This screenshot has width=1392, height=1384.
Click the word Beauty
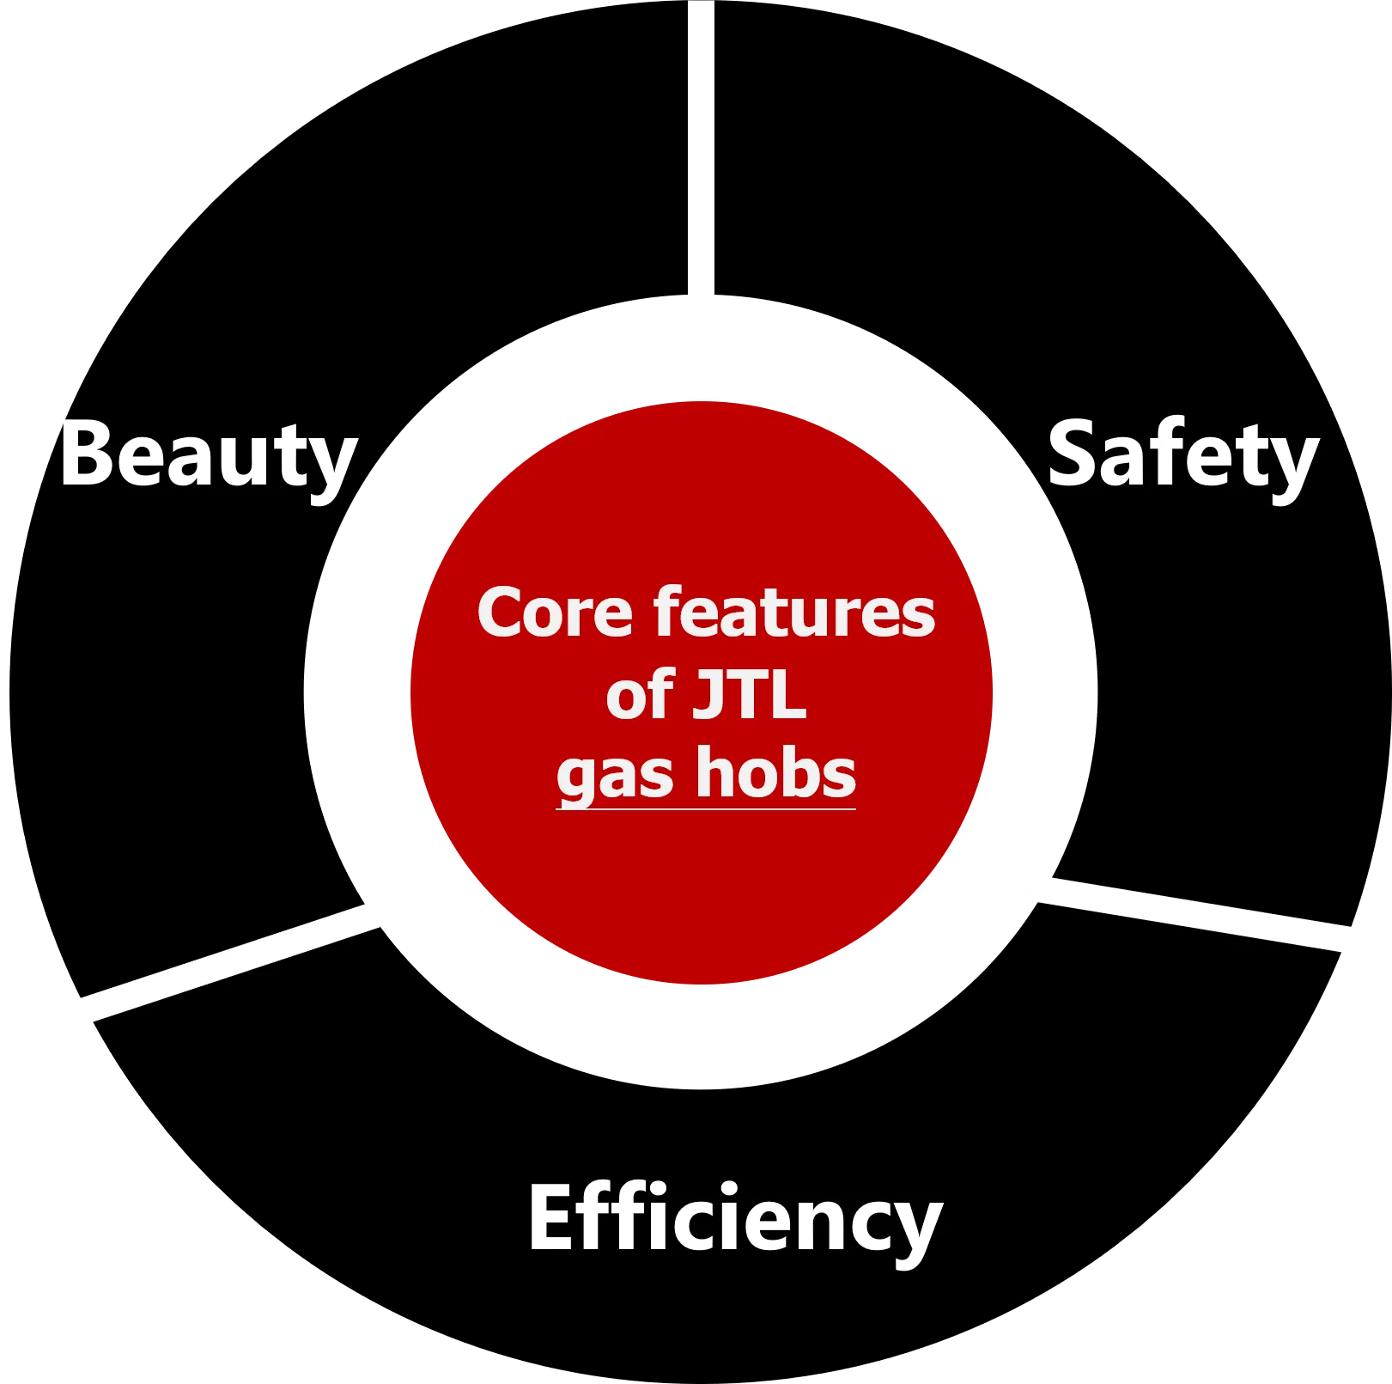208,455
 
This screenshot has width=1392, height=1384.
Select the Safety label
1182,455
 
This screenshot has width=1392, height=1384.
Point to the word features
794,613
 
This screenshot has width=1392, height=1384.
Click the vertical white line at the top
701,159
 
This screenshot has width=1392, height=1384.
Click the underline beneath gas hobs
706,808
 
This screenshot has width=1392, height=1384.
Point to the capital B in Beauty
86,454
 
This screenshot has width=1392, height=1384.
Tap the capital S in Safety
1071,454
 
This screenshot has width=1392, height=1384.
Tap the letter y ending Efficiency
919,1229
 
